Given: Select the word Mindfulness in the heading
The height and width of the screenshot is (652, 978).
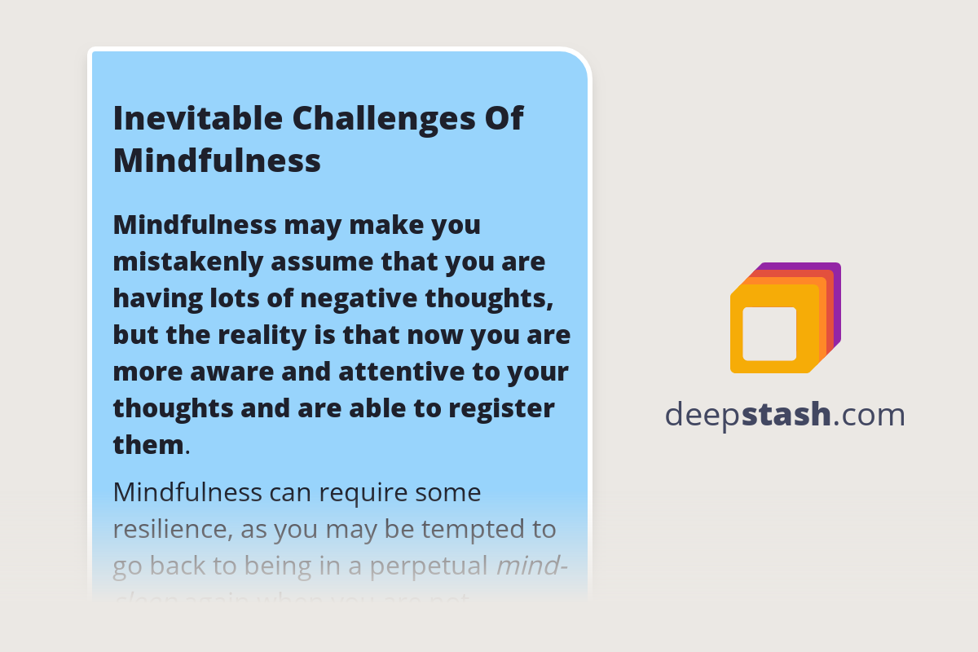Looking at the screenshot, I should pos(217,161).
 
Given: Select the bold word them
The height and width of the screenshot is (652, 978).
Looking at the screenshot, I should pos(148,445).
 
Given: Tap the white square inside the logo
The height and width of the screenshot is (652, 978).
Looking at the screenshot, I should pos(769,333).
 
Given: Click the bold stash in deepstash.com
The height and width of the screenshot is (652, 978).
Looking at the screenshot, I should pos(786,415).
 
